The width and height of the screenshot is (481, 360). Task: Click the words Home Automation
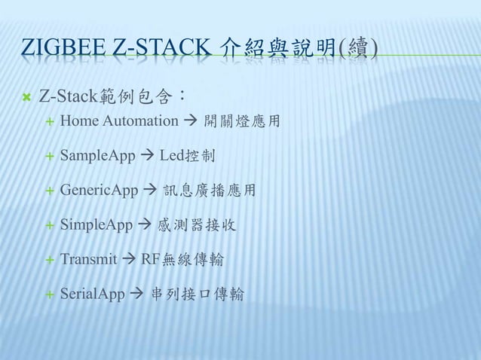(x=119, y=121)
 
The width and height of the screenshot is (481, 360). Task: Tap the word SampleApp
(x=97, y=156)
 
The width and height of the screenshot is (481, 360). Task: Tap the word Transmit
(x=88, y=260)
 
